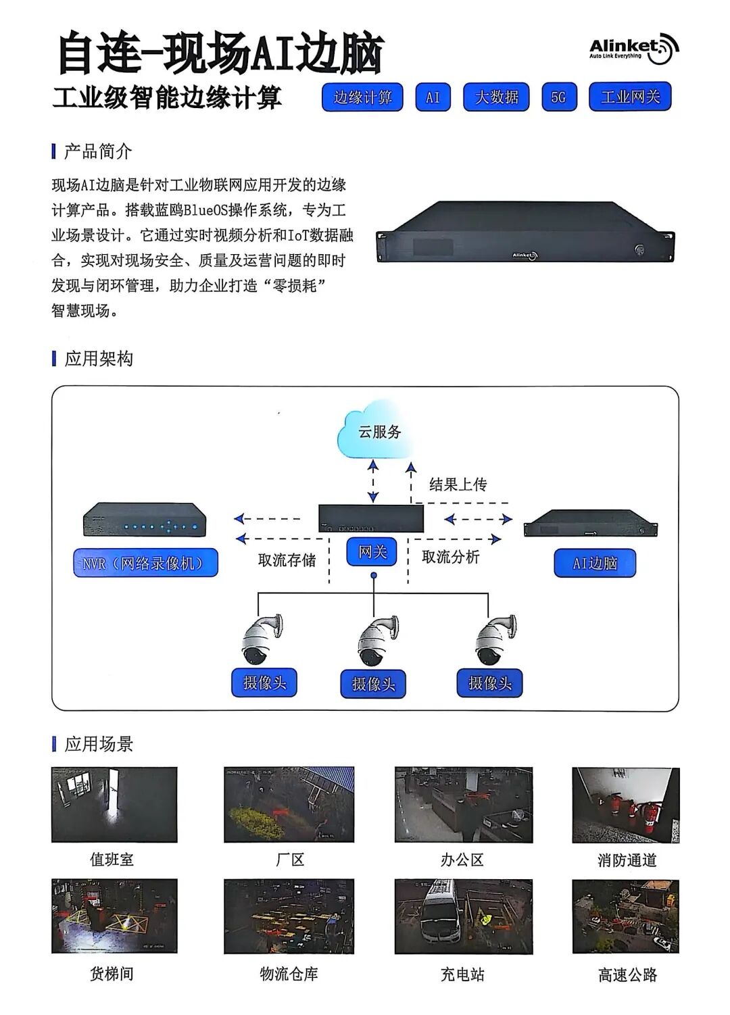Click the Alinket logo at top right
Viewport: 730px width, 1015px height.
633,49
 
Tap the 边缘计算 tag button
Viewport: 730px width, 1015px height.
362,97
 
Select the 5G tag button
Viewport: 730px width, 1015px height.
559,97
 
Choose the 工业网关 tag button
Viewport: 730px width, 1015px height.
629,97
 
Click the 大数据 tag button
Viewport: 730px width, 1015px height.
496,97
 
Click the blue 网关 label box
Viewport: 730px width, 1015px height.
372,552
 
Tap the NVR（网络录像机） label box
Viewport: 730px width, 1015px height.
145,563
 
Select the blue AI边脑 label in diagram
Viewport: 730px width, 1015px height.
595,563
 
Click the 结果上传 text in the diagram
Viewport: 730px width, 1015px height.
458,484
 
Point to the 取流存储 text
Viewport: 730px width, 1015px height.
287,560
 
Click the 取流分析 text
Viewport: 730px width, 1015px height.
450,557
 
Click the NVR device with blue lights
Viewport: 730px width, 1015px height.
145,520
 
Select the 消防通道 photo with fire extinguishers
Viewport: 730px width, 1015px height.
625,805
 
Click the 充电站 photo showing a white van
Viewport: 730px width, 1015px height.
463,916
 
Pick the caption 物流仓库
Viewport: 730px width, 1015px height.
289,974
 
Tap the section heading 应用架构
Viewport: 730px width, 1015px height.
99,359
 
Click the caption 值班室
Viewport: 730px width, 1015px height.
112,860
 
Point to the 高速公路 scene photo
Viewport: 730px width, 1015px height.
625,916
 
